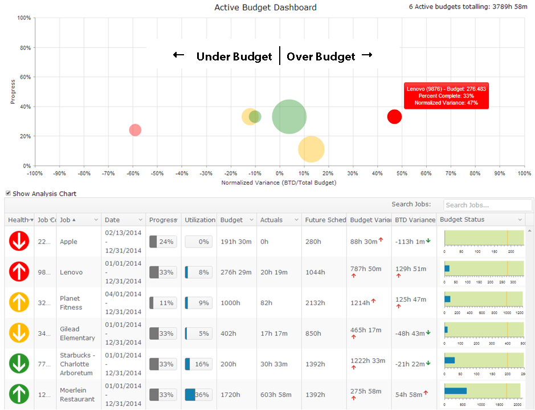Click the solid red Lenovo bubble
point(394,117)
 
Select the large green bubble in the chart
point(289,117)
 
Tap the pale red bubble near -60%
point(135,130)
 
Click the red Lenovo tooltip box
point(446,96)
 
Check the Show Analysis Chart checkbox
point(8,193)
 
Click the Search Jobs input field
point(487,205)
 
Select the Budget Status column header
point(463,220)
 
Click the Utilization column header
point(200,220)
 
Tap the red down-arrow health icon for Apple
point(19,242)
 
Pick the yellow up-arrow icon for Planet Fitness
point(19,303)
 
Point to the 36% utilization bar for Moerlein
point(198,395)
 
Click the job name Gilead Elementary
point(77,334)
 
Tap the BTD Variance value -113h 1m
point(410,242)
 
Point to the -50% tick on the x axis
point(157,173)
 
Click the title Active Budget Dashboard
point(266,7)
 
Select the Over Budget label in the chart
point(321,56)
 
